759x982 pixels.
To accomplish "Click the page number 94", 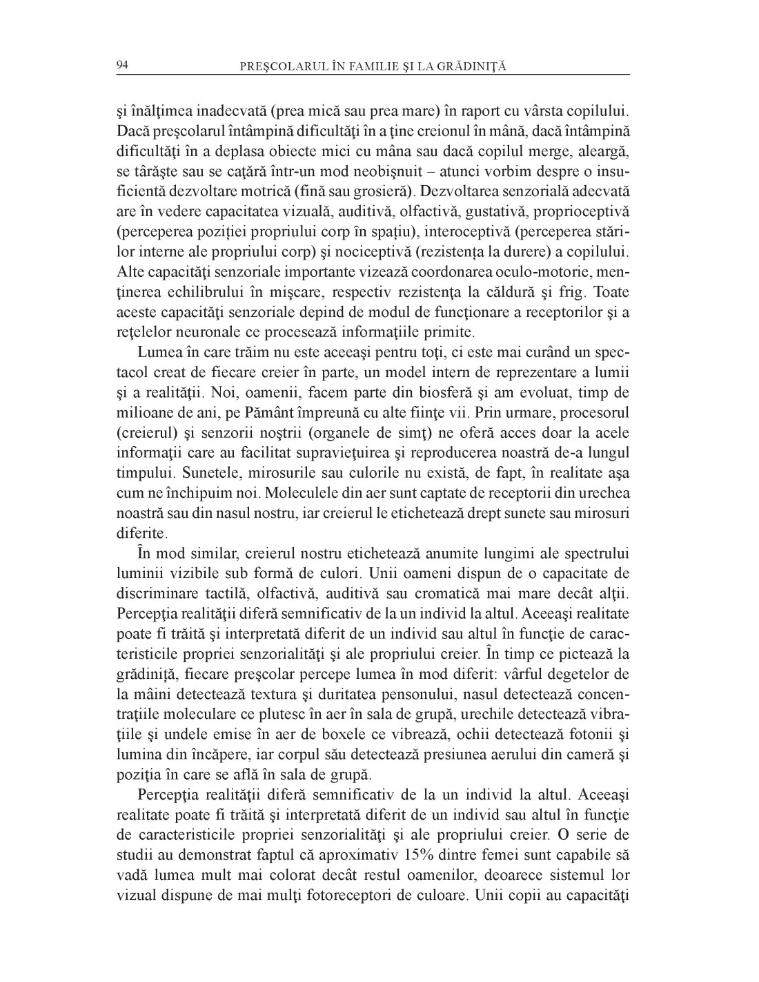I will pos(123,65).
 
